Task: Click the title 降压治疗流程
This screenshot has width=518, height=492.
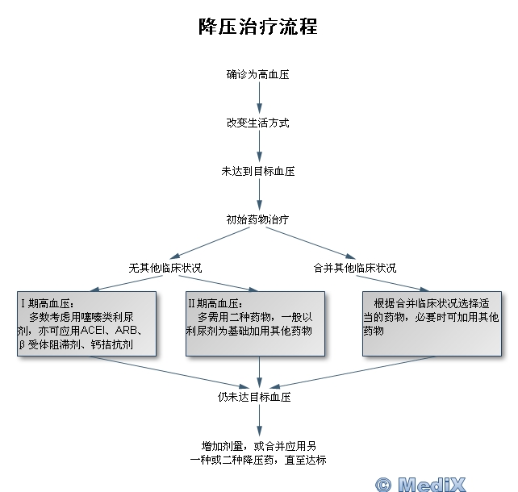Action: (258, 27)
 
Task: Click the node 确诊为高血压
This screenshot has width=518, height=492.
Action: (258, 74)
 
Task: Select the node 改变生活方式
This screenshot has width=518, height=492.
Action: (258, 123)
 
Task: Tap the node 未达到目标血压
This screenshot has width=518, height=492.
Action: (258, 171)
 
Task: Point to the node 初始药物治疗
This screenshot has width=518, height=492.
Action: (258, 219)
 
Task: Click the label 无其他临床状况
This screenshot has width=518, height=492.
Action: (165, 268)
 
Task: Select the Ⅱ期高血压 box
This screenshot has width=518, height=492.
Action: (255, 323)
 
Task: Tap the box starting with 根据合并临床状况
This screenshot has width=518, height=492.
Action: (432, 323)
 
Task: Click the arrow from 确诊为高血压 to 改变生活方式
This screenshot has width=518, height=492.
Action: (259, 98)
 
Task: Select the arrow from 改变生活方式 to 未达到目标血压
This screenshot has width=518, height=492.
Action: (259, 147)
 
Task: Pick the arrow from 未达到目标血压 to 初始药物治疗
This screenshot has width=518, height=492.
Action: (259, 195)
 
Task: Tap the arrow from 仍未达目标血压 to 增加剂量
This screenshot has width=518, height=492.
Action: (259, 421)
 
